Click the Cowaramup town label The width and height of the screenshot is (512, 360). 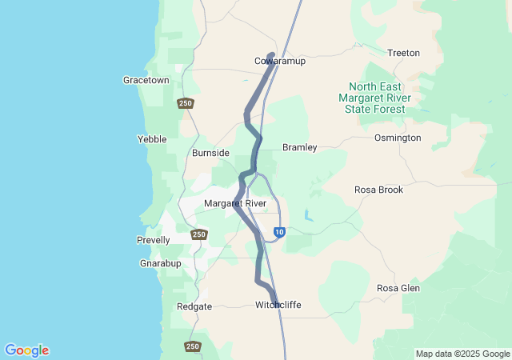click(280, 61)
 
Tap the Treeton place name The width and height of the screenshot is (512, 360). click(403, 53)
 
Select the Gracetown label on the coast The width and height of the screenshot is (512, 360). click(146, 80)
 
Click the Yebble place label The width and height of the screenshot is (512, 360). click(152, 139)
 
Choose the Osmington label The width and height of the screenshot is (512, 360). click(398, 138)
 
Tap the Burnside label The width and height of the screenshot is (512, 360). click(210, 153)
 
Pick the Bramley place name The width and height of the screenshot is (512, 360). click(300, 147)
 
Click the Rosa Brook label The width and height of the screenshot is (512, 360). click(378, 190)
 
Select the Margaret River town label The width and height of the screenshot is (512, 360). click(234, 203)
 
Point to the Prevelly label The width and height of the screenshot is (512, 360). click(154, 240)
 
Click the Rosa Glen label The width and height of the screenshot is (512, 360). click(398, 288)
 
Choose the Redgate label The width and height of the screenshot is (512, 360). click(194, 306)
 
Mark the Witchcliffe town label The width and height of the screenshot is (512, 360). click(278, 305)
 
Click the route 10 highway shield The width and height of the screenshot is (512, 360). click(278, 232)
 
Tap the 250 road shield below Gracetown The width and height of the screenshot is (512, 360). click(186, 103)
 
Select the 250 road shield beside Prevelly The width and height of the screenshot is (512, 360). click(199, 234)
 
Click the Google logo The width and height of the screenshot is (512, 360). click(26, 350)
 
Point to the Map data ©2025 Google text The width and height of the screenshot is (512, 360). click(462, 354)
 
